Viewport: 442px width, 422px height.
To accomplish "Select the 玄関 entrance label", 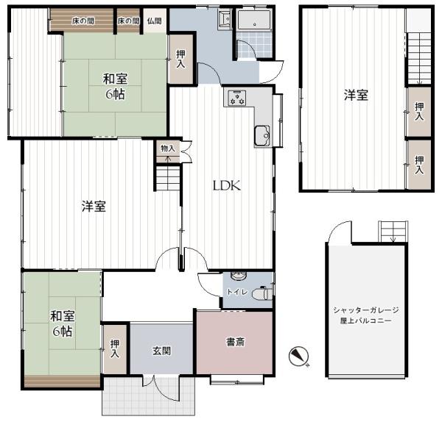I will click(x=162, y=351).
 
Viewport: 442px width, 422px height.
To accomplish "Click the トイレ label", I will click(x=235, y=291).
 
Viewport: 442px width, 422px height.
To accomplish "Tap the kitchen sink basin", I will click(x=262, y=135).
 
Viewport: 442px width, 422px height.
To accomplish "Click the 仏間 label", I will click(x=154, y=21).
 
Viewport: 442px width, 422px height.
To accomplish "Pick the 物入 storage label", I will click(x=168, y=149).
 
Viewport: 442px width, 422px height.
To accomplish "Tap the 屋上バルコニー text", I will click(x=366, y=322).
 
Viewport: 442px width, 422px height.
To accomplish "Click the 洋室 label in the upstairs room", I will click(x=356, y=95).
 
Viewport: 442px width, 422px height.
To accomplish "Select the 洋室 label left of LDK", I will click(x=94, y=207).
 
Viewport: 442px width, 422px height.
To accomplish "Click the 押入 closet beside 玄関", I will click(x=115, y=348).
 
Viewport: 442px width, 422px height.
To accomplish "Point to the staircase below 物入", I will click(x=168, y=178).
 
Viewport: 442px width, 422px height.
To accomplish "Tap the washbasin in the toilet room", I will click(x=236, y=276).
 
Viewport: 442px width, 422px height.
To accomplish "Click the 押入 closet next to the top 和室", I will click(x=179, y=61).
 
